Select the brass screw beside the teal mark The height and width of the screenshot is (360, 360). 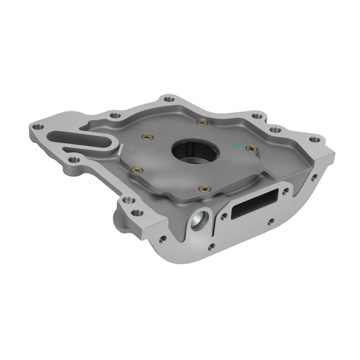coord(251,149)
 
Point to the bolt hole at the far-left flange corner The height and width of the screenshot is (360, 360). coord(37,127)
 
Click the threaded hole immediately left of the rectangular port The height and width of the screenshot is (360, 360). coord(224,216)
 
